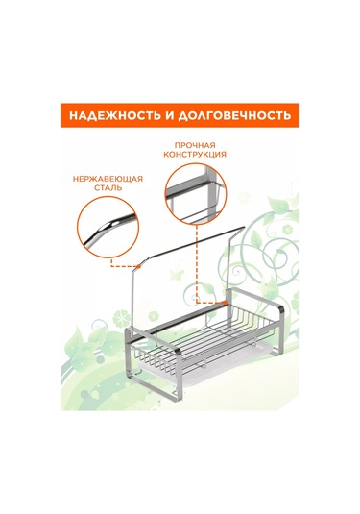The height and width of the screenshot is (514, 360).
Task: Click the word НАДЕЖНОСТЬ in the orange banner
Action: pyautogui.click(x=115, y=115)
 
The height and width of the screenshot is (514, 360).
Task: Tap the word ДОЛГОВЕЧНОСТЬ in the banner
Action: pyautogui.click(x=234, y=115)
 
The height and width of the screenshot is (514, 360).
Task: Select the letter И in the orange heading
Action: pyautogui.click(x=170, y=115)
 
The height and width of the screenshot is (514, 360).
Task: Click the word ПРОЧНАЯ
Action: pyautogui.click(x=195, y=145)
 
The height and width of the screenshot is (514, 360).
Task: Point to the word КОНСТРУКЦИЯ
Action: pyautogui.click(x=195, y=154)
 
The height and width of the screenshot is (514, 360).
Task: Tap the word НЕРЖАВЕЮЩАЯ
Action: pyautogui.click(x=108, y=179)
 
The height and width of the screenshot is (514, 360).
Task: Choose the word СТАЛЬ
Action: pyautogui.click(x=108, y=188)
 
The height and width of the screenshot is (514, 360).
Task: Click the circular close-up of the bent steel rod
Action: pyautogui.click(x=108, y=227)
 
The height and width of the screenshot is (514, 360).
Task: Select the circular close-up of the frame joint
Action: pyautogui.click(x=196, y=193)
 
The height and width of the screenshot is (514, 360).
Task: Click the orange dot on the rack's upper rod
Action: pyautogui.click(x=139, y=266)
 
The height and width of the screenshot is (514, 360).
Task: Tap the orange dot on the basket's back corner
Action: pyautogui.click(x=225, y=303)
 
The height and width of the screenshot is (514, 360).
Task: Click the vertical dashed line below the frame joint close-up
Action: pyautogui.click(x=197, y=262)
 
